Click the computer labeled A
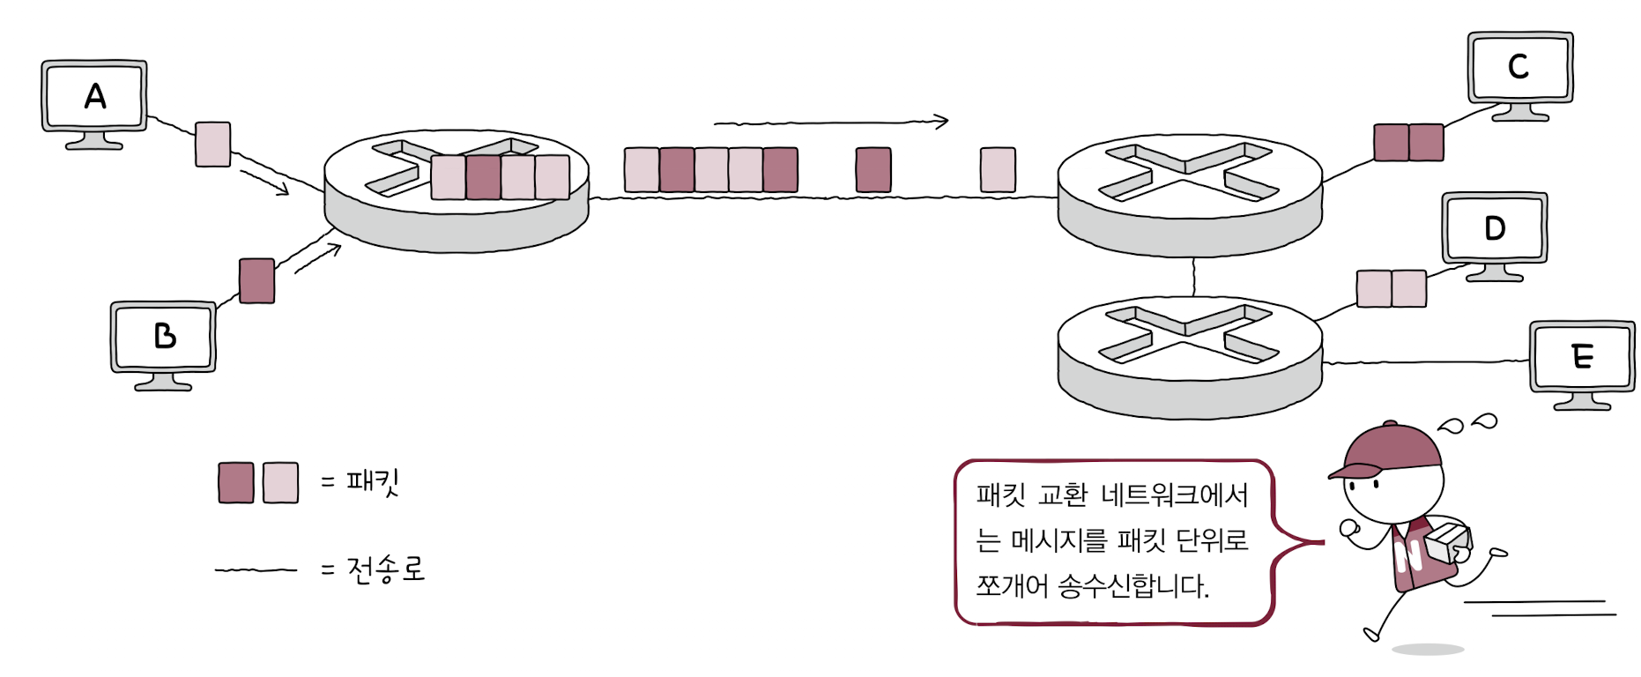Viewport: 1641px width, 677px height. (x=94, y=97)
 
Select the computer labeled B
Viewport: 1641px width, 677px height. (x=163, y=338)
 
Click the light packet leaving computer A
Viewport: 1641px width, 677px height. (x=212, y=145)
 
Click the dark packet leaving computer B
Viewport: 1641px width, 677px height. (x=256, y=280)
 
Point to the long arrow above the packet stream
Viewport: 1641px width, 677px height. (x=830, y=122)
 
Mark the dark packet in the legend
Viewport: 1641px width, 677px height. (x=236, y=482)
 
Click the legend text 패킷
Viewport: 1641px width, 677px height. (x=373, y=482)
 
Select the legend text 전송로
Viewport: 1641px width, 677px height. (x=386, y=569)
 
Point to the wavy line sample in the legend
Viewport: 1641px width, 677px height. (x=256, y=570)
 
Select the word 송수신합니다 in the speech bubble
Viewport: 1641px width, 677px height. (x=1132, y=585)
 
